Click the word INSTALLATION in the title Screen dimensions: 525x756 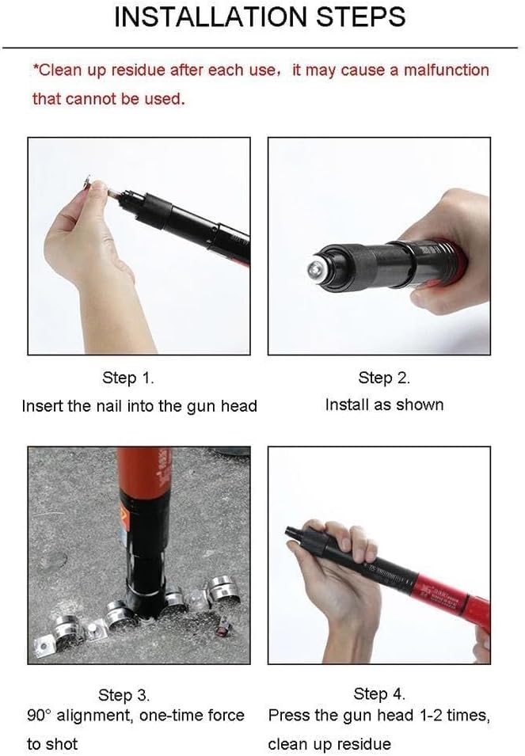pos(211,17)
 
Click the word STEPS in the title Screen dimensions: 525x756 pos(361,17)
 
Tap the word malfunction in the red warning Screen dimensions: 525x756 pos(447,70)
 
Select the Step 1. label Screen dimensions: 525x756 pos(127,378)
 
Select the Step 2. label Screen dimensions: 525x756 pos(384,378)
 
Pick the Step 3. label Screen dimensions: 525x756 pos(124,695)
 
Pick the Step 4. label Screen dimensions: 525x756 pos(379,693)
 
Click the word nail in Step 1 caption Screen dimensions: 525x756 pos(109,405)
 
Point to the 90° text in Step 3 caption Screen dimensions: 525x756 pos(39,715)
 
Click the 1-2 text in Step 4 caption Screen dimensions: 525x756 pos(430,715)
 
